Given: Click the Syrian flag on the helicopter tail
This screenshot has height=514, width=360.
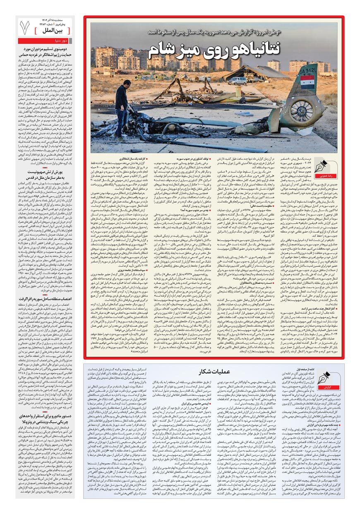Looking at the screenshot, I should [307, 79].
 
